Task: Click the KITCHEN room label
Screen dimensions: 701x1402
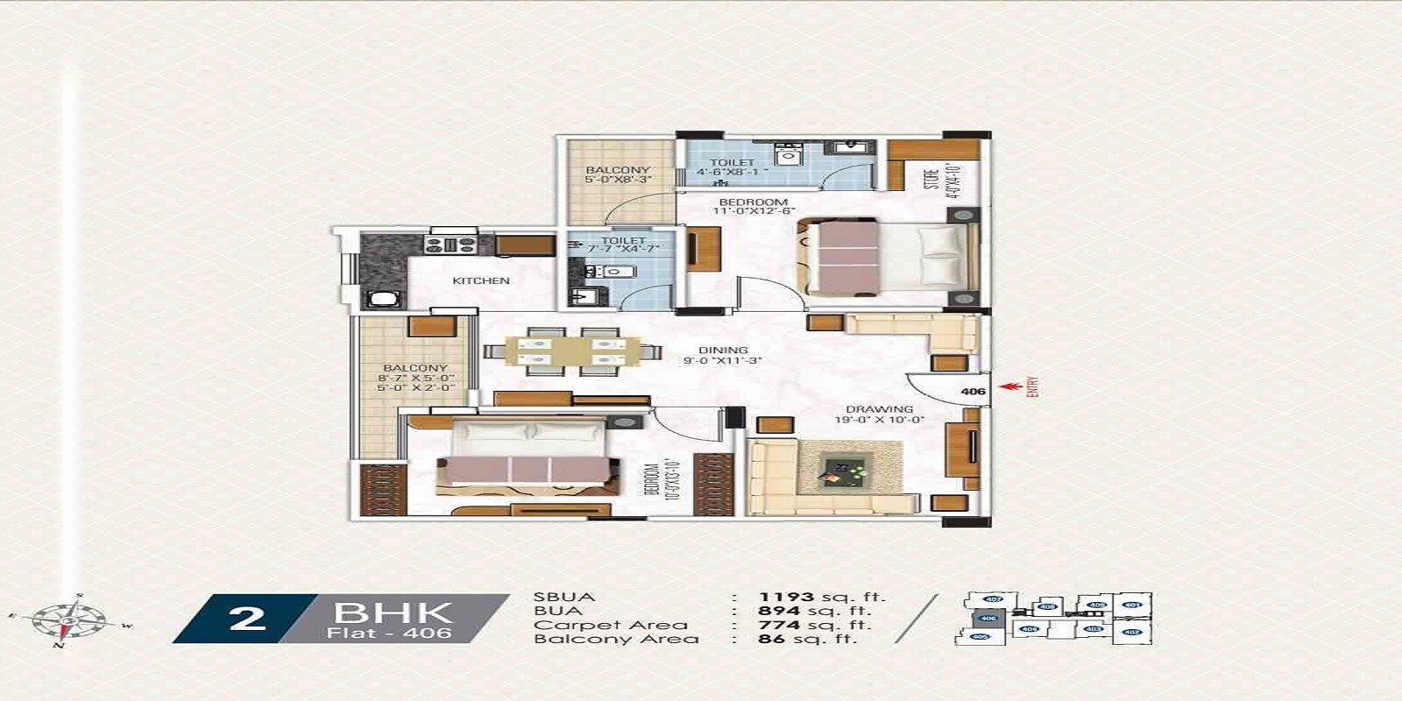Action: pos(480,280)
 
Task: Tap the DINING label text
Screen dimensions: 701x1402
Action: pos(723,350)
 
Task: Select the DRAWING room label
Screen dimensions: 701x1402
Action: pos(879,409)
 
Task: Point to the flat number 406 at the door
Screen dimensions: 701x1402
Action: pos(973,392)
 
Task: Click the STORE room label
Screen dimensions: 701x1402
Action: pos(931,179)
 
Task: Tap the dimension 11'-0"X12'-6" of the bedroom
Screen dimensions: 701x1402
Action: pos(754,211)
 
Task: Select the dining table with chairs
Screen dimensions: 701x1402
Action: pos(573,351)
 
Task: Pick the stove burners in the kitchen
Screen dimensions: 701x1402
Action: pos(450,244)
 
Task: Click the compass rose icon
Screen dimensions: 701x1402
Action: pos(68,620)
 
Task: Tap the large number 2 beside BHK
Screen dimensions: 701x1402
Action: pos(247,618)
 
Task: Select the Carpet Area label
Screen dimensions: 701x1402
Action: pos(610,625)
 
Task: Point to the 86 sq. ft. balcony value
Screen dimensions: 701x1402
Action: pos(806,639)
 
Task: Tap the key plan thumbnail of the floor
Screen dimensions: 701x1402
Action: pos(1056,619)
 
